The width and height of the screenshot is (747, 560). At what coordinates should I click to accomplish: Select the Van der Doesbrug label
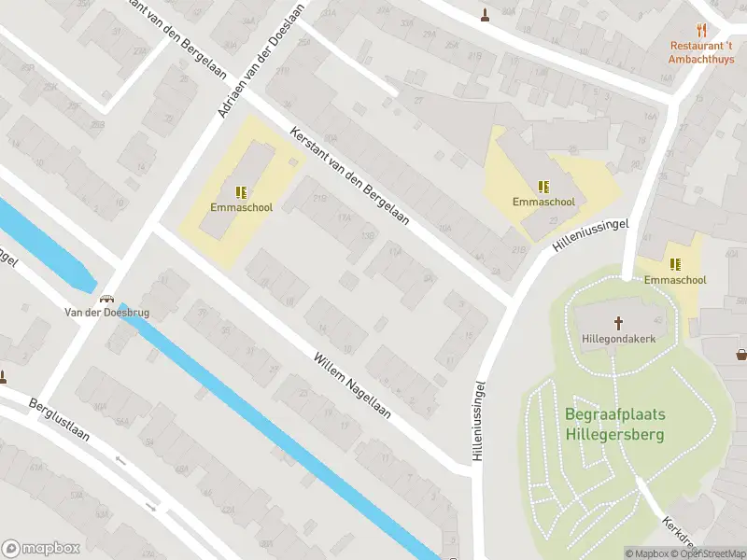(x=106, y=313)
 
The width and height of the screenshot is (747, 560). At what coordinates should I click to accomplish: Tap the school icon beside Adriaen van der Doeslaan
(x=241, y=192)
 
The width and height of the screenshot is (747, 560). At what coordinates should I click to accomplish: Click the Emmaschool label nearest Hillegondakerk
(x=674, y=279)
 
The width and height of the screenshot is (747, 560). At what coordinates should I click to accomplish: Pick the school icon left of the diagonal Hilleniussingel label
(x=543, y=186)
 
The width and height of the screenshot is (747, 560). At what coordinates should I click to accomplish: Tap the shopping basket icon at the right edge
(x=741, y=354)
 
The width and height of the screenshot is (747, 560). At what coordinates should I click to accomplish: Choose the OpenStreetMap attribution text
(x=711, y=553)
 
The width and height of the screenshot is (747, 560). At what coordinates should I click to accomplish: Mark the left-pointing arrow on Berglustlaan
(x=120, y=460)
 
